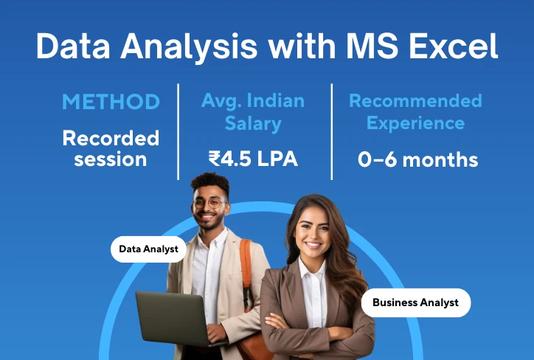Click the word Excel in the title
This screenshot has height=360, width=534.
[454, 46]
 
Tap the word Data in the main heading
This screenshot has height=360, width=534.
[73, 46]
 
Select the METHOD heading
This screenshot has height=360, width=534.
[111, 102]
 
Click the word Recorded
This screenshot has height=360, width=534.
[111, 138]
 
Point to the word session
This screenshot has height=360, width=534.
[111, 159]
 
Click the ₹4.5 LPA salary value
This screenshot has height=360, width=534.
[254, 159]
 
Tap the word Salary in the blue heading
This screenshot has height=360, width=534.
[253, 124]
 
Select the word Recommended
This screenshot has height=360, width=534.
[415, 101]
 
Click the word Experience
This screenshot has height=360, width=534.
[415, 123]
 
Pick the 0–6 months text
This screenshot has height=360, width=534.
[418, 159]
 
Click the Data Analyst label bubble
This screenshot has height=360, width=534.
[148, 249]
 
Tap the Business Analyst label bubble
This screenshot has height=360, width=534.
[416, 302]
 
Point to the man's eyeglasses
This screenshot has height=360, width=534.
[209, 204]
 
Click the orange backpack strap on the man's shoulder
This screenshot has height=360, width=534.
[246, 269]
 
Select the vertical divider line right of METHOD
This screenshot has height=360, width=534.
[178, 131]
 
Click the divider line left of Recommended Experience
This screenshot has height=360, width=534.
[332, 131]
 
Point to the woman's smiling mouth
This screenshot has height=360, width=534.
[313, 244]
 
